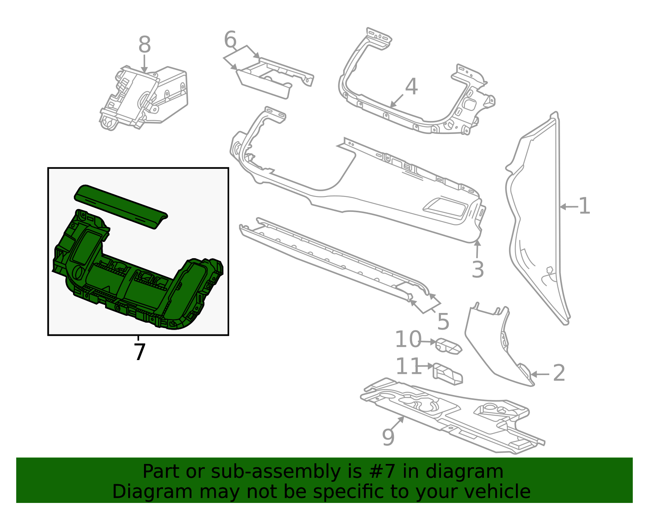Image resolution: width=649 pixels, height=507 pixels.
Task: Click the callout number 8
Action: tap(144, 45)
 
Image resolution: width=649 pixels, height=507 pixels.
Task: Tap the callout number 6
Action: tap(230, 40)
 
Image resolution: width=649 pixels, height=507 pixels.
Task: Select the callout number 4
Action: tap(411, 87)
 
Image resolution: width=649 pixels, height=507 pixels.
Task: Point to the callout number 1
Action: tap(584, 206)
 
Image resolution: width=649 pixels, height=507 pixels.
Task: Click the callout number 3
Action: tap(477, 269)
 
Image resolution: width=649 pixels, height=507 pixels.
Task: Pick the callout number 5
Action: tap(443, 322)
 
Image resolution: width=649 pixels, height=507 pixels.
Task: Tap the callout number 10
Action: tap(408, 339)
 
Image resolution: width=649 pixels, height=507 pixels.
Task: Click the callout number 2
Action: tap(559, 373)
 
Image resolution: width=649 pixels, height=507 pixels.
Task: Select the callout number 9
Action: tap(388, 437)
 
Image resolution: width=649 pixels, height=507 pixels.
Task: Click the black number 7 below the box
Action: tap(139, 352)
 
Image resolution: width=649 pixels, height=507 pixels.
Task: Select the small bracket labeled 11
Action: tap(448, 374)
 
